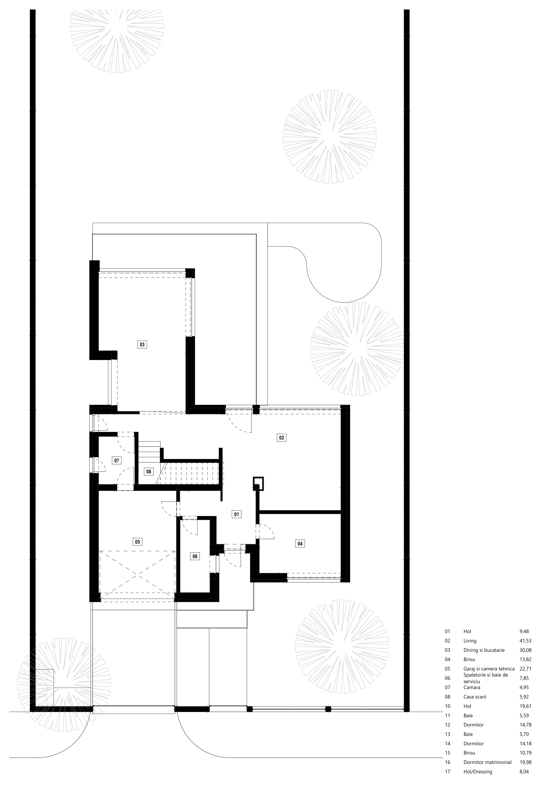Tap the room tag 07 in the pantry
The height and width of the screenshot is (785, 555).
[117, 461]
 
